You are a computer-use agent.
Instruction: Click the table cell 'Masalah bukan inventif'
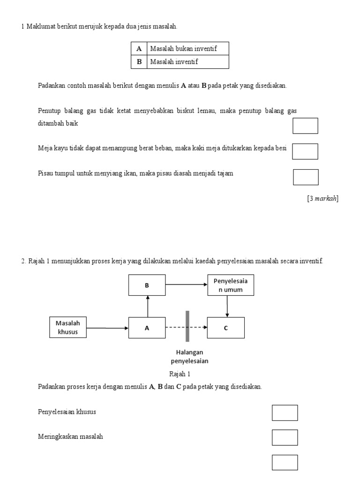pos(188,48)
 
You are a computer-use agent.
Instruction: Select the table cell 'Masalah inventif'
pos(188,62)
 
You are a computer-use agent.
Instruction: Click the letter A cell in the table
pos(139,48)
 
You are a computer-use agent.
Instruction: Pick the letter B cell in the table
pos(139,62)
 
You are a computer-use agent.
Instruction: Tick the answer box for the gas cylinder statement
pos(305,126)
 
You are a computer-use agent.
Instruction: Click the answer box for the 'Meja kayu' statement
pos(305,151)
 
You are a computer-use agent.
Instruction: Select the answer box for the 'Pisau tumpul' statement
pos(306,177)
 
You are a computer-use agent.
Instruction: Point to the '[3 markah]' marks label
pos(322,198)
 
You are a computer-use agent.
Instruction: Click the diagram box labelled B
pos(147,285)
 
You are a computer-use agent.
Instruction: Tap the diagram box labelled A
pos(147,328)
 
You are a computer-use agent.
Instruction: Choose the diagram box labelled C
pos(226,328)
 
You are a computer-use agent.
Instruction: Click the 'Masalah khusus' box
pos(68,327)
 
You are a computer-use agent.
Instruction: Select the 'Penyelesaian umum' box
pos(231,285)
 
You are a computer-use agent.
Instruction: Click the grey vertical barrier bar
pos(187,326)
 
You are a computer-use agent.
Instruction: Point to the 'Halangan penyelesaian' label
pos(189,356)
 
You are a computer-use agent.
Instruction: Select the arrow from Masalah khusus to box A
pos(107,328)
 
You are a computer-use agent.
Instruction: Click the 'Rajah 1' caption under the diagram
pos(180,374)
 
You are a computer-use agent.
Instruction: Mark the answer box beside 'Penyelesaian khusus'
pos(285,412)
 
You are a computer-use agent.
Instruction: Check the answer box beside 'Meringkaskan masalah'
pos(285,437)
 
